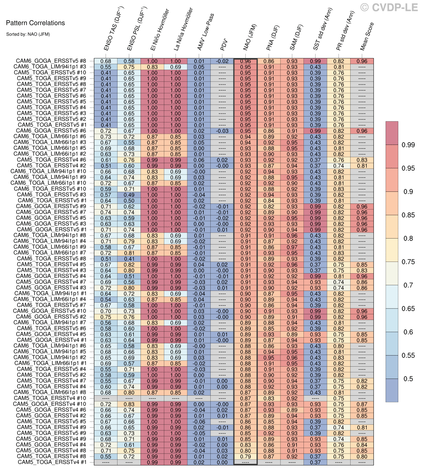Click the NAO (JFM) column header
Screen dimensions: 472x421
point(250,38)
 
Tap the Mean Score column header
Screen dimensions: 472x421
point(367,37)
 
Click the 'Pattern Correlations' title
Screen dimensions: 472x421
point(35,23)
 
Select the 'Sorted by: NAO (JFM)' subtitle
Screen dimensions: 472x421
point(28,34)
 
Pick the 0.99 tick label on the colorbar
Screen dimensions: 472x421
point(408,145)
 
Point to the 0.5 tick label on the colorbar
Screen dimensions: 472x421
point(408,379)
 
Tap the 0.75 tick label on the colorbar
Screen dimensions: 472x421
point(408,262)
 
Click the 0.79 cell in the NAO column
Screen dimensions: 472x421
point(245,457)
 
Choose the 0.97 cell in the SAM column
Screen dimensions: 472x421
point(292,247)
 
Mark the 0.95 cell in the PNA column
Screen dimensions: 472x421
point(269,358)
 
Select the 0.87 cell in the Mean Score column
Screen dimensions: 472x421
point(362,404)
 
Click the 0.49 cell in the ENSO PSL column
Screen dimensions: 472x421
point(129,195)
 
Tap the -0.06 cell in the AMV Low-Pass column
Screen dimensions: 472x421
point(199,422)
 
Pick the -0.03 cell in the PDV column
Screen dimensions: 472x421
point(222,131)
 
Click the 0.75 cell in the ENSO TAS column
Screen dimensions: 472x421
point(105,317)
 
